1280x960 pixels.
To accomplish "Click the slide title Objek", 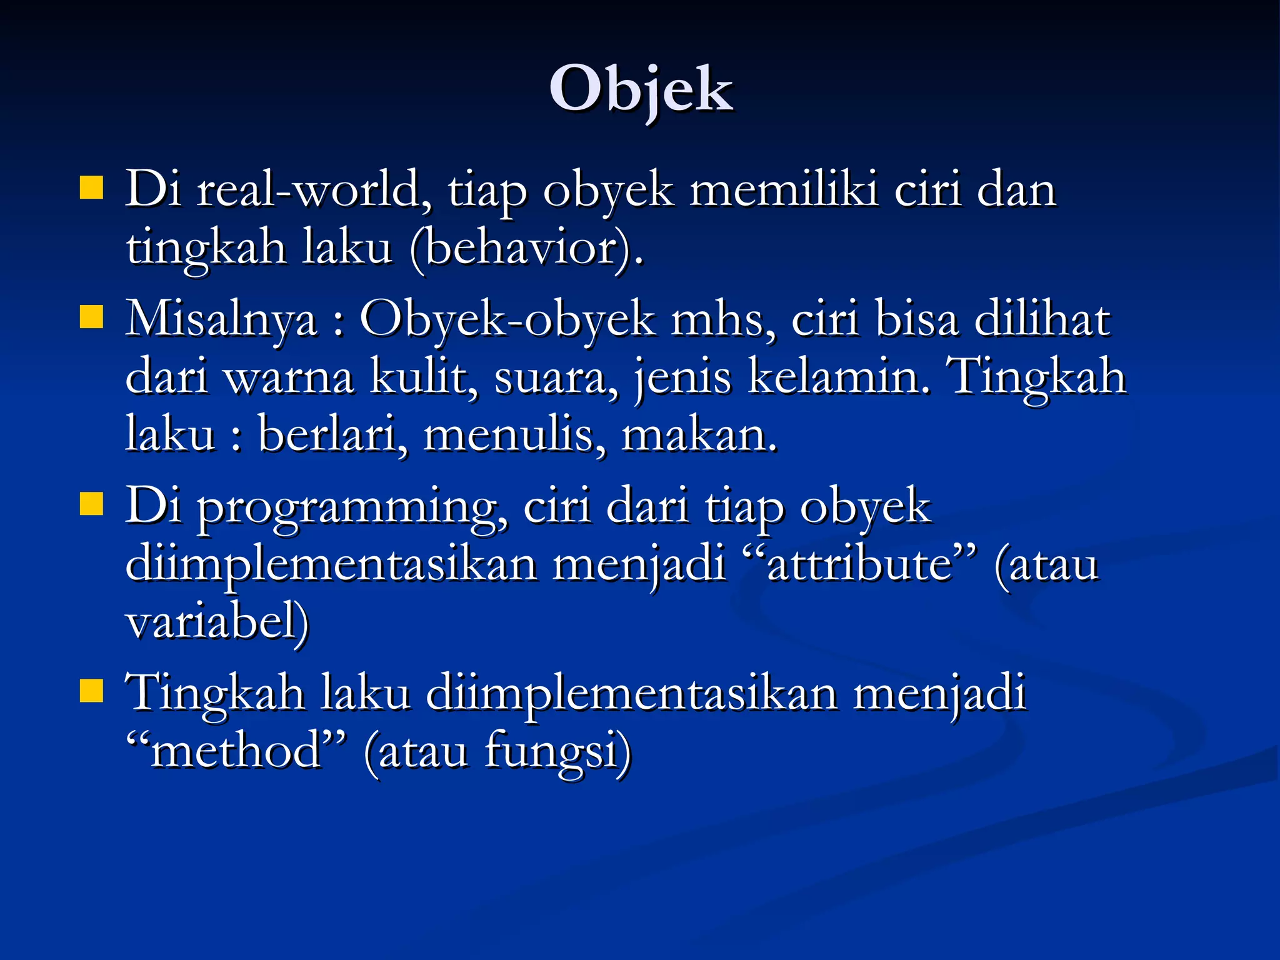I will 641,91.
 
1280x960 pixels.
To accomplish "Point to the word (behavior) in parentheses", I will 526,248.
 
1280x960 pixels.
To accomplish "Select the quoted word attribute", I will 860,565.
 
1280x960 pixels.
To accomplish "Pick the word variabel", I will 216,622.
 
